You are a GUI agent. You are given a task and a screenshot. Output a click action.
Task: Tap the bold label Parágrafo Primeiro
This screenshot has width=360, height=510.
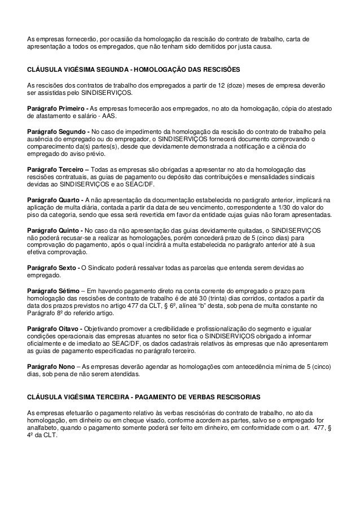[x=56, y=108]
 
